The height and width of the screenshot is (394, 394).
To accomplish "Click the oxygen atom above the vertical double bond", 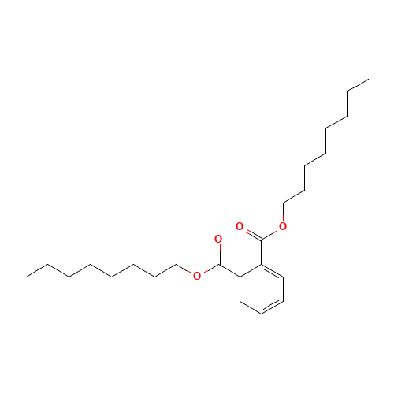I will click(217, 238).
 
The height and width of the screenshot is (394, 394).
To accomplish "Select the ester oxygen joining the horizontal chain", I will click(197, 275).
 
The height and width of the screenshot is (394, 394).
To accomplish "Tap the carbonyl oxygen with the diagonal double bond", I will click(239, 226).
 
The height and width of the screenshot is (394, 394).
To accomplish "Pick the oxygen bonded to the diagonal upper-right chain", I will click(282, 227).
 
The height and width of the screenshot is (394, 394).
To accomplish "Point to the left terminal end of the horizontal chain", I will click(28, 275).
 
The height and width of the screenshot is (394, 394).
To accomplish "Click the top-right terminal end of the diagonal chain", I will click(367, 80).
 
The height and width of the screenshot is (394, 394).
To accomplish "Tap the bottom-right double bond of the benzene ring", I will click(272, 307).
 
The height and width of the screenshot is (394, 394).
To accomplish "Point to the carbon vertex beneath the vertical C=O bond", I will click(217, 266).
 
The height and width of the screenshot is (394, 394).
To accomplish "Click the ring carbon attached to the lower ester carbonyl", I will click(239, 277).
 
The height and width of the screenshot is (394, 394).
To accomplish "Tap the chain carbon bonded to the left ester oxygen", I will click(176, 266).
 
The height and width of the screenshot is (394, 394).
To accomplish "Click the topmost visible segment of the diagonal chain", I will click(357, 85).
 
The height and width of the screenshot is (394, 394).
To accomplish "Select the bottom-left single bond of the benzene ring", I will click(249, 307).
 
